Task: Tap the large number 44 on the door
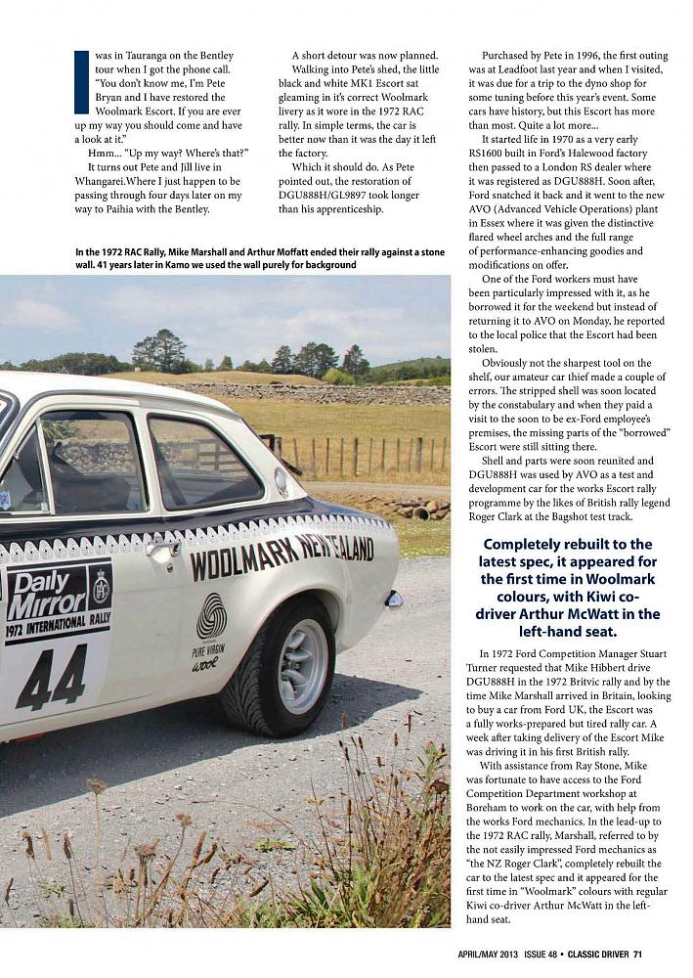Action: pos(51,675)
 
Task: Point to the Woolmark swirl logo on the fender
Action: pos(210,617)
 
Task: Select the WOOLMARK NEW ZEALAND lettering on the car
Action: pos(282,556)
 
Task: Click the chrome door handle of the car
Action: pos(159,550)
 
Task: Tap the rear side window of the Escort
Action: pos(203,463)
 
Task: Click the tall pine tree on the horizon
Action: pos(158,349)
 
